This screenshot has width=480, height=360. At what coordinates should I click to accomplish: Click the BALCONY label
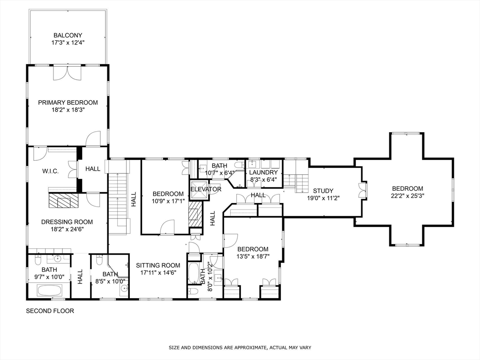click(x=67, y=36)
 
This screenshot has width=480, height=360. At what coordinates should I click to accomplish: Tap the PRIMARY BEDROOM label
click(x=68, y=103)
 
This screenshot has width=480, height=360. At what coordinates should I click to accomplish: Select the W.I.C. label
click(x=50, y=172)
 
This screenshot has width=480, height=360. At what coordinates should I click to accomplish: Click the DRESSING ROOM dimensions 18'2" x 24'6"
click(x=67, y=229)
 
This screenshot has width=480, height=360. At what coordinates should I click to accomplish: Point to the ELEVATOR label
click(x=206, y=189)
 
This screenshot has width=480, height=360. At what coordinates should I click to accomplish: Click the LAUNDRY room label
click(x=263, y=172)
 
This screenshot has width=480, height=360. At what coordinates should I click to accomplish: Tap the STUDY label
click(x=323, y=191)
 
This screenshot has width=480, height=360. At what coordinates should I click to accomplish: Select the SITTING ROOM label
click(x=158, y=265)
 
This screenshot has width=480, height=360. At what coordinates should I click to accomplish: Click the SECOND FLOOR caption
click(x=50, y=311)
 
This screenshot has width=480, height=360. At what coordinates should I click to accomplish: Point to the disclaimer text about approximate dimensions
click(x=240, y=347)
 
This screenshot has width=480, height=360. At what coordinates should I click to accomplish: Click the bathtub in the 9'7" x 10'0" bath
click(x=50, y=290)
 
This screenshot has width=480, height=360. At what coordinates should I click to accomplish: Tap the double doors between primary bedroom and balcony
click(x=67, y=73)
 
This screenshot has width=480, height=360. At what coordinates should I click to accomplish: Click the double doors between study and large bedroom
click(x=363, y=190)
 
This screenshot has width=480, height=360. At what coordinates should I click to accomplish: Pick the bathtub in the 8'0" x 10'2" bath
click(x=194, y=273)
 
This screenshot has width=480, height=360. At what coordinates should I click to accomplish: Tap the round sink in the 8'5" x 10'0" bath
click(x=124, y=288)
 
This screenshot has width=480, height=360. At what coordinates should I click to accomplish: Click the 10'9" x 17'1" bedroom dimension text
click(x=168, y=201)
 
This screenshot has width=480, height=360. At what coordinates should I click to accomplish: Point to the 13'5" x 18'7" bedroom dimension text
click(x=253, y=256)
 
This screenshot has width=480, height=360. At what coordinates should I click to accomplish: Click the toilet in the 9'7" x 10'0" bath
click(x=38, y=261)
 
